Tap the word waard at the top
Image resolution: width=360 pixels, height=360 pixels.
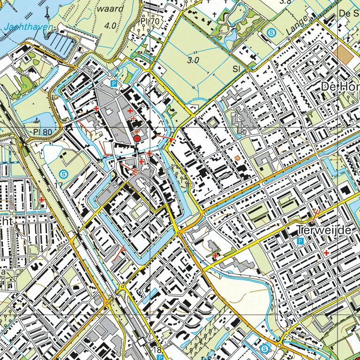tap(112, 9)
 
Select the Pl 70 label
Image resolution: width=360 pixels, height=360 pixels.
tap(150, 21)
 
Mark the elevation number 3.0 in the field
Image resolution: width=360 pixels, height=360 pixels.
tap(193, 60)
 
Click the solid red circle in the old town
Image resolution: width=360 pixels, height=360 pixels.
tap(136, 139)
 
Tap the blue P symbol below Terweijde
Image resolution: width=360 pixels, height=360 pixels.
tap(300, 241)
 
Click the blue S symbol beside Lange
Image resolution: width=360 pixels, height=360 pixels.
tap(271, 32)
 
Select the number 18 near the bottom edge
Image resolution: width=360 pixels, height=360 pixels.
tap(157, 349)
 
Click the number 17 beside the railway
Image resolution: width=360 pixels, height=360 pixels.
tap(58, 186)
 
